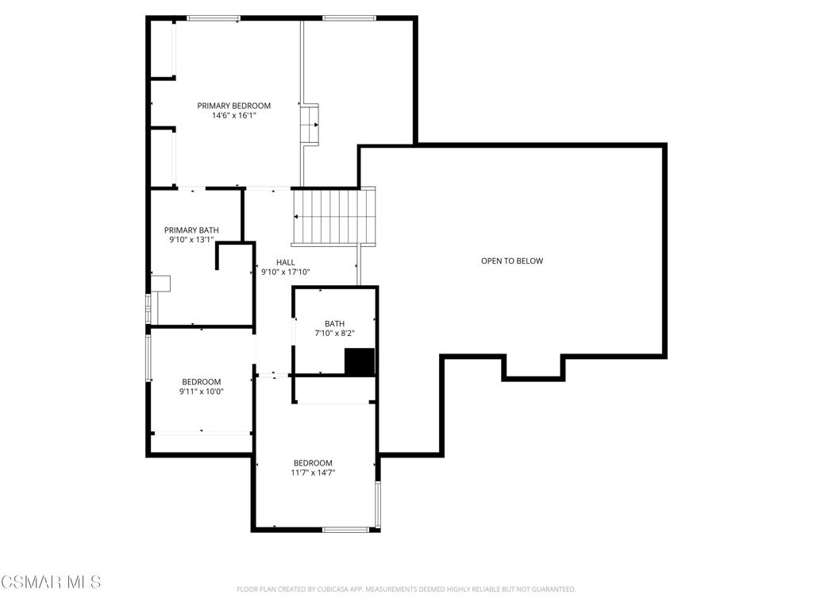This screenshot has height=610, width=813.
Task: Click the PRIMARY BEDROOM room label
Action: (233, 106)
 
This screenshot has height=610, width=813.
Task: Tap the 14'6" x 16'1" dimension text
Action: (233, 116)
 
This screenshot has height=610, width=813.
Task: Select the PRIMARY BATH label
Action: (191, 230)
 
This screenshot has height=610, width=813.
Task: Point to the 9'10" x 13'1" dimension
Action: (191, 240)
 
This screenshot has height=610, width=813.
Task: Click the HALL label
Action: (285, 262)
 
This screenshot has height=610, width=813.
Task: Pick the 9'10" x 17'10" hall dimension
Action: (285, 272)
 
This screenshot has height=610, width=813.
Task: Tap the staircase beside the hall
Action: (333, 217)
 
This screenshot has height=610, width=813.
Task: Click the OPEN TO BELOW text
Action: (512, 261)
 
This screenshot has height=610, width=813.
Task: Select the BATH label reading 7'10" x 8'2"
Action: (334, 324)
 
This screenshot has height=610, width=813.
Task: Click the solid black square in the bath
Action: (359, 361)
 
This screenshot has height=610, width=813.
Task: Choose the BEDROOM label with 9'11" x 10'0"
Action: (201, 382)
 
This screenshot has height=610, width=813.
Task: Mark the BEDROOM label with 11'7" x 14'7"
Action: (313, 463)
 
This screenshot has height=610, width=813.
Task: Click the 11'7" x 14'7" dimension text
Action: (313, 473)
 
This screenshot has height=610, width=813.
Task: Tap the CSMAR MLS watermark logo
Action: (51, 582)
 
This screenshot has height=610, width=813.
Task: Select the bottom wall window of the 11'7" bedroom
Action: (345, 529)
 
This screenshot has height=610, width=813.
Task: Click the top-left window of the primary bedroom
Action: (213, 18)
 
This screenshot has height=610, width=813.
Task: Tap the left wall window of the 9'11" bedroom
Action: (147, 357)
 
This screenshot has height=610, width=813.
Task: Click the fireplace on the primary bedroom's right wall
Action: (310, 125)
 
